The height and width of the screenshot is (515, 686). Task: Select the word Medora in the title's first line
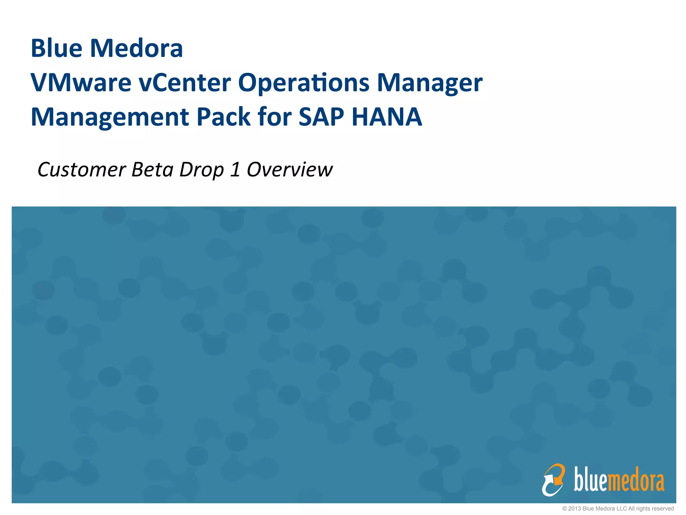136,48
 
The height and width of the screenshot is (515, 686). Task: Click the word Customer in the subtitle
82,169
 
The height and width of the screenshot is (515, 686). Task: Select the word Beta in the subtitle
152,169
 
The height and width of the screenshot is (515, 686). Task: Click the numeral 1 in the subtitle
235,169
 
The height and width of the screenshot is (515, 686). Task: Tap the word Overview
290,169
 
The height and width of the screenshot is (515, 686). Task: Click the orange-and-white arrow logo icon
553,480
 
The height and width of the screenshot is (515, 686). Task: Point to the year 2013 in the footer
574,509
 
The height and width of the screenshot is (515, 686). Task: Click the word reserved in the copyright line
663,509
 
